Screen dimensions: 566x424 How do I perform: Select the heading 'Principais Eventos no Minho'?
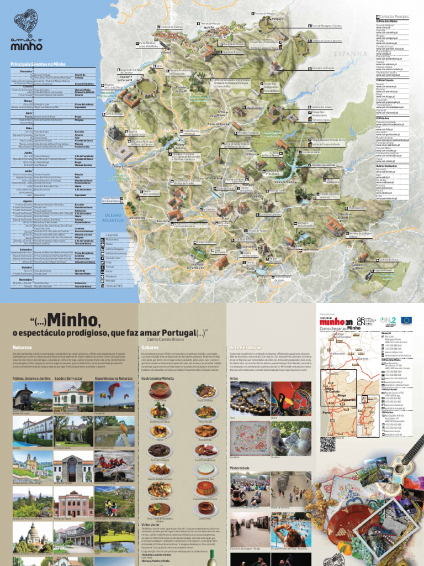38,65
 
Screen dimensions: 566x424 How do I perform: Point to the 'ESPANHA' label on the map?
349,53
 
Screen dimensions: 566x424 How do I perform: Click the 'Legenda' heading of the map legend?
113,234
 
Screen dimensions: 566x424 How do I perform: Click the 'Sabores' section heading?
143,347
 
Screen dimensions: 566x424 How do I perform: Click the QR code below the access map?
327,444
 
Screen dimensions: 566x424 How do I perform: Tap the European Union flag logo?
406,319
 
